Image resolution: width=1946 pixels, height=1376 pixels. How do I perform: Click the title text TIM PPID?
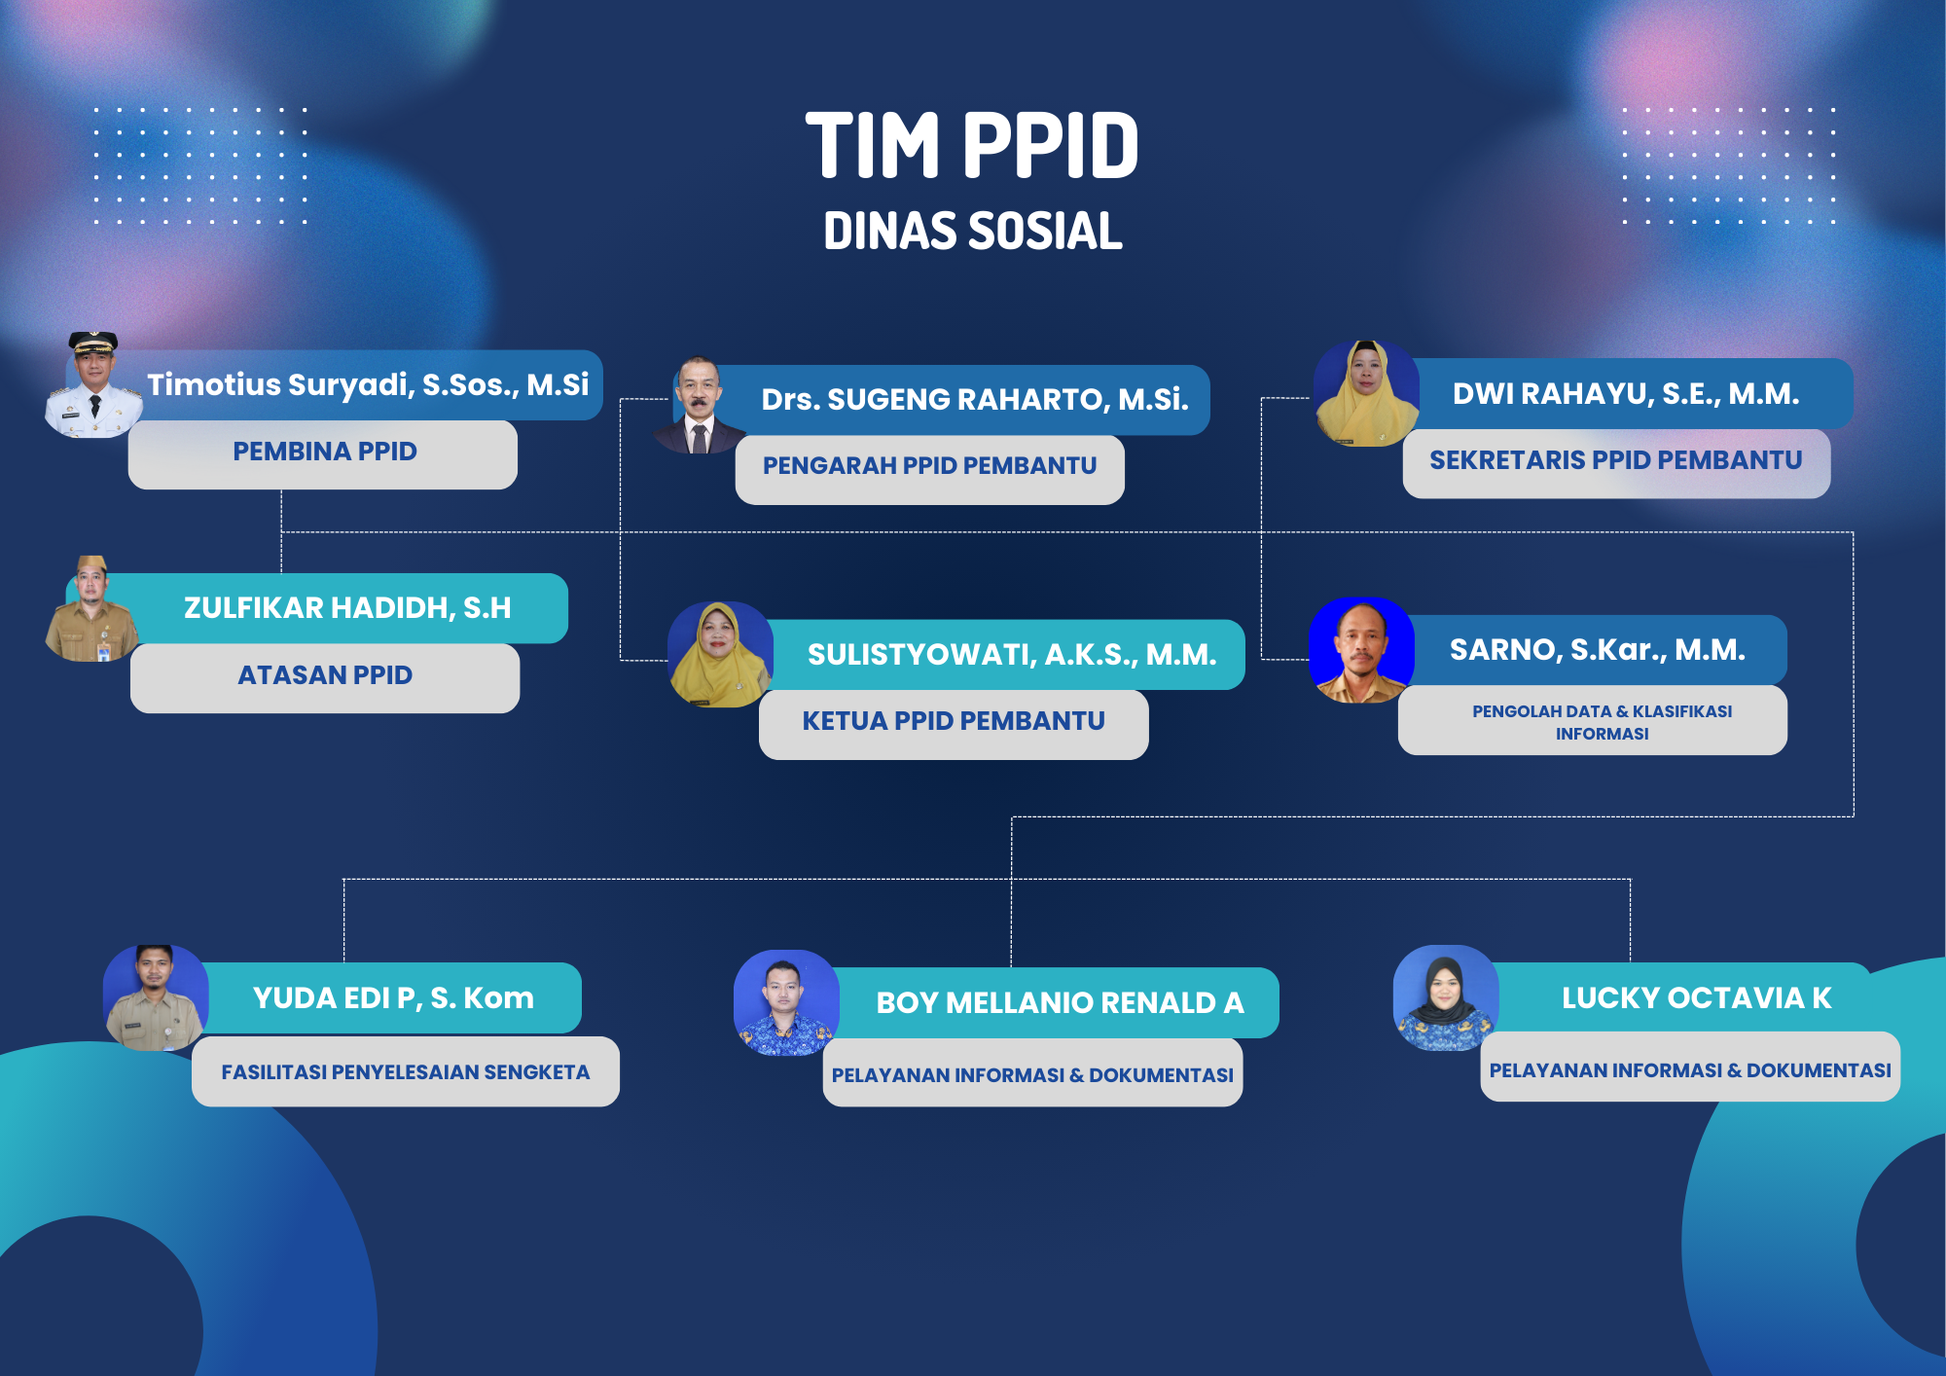[972, 146]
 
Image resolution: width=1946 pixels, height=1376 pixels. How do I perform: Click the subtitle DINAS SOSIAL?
[973, 232]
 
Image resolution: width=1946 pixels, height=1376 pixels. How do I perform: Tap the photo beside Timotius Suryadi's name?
[93, 384]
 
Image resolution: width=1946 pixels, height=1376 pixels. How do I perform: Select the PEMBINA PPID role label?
[323, 453]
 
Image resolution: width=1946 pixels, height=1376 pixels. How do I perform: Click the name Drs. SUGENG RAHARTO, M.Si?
[975, 399]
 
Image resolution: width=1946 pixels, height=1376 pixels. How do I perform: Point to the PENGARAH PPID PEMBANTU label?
[929, 467]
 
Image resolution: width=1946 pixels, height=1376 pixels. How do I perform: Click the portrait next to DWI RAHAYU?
[1366, 393]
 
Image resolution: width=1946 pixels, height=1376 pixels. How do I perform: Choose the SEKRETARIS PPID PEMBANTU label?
[1616, 461]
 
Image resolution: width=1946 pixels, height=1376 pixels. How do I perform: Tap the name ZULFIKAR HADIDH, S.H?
[347, 608]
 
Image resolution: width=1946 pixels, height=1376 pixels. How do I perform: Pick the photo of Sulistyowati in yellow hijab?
[720, 654]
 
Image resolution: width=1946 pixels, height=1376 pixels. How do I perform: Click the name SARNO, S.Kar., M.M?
[1598, 650]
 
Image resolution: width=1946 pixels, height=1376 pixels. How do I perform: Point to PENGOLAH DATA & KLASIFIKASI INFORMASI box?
[1593, 721]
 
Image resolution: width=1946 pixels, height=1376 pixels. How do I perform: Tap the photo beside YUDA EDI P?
[156, 997]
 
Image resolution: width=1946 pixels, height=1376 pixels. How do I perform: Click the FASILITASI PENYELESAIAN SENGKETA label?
[406, 1071]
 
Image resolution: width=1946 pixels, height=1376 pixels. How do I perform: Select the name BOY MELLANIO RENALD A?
[1060, 1003]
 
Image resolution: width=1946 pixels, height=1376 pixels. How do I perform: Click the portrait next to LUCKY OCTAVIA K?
[1446, 997]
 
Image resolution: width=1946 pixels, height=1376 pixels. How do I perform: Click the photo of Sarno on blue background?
[1362, 649]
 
